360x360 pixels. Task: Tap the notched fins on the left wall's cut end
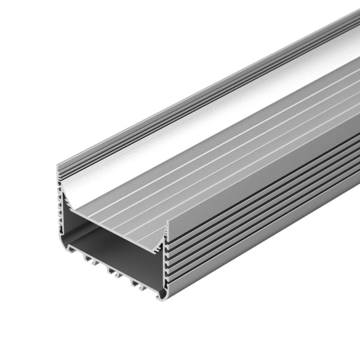(x=60, y=204)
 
